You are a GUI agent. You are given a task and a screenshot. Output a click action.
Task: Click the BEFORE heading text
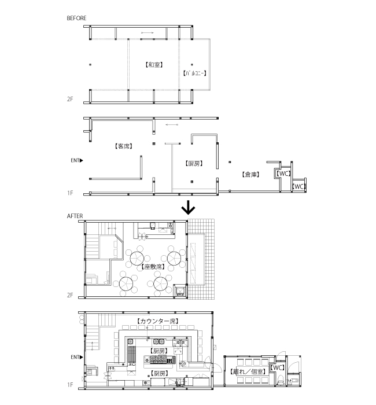point(77,18)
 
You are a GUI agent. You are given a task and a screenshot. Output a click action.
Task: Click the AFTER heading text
point(75,216)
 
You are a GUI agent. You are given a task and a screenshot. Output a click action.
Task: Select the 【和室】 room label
point(153,65)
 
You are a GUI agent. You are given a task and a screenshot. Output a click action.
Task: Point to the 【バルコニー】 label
point(194,73)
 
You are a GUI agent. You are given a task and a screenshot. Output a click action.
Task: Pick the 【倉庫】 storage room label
point(250,174)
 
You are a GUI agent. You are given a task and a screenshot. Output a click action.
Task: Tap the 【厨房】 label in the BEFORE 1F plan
point(194,164)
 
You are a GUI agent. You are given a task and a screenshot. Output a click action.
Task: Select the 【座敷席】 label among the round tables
point(153,267)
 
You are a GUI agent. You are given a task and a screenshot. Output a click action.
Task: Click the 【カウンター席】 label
point(157,321)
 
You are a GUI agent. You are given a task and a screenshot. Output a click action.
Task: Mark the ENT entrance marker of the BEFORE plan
point(76,160)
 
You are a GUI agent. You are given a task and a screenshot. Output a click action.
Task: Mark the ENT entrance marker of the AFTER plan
point(76,356)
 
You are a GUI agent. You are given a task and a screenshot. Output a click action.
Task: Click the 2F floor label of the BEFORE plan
point(70,100)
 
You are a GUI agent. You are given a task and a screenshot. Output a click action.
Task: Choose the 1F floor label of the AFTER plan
point(70,385)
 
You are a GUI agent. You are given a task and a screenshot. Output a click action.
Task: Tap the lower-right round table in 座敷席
point(160,283)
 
